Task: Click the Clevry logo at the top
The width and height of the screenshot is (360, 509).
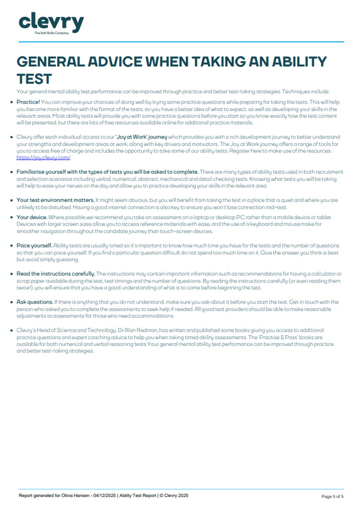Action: pos(51,23)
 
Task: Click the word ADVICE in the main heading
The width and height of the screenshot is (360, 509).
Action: pos(110,62)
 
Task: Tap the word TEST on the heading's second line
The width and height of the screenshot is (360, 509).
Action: pos(34,79)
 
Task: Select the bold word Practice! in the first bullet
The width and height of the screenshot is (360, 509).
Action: pos(28,102)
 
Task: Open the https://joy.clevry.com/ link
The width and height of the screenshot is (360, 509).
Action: pos(43,157)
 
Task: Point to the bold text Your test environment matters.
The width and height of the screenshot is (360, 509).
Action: pos(55,200)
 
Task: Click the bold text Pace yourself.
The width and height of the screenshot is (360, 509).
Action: pos(34,246)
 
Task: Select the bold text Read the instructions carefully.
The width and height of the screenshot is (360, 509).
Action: pos(56,274)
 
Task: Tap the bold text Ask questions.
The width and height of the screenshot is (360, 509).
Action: pos(35,302)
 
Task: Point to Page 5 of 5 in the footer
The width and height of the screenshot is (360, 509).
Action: pos(332,496)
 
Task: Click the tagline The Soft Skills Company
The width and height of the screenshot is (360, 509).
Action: pos(51,33)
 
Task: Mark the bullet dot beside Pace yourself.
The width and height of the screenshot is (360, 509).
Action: pos(12,246)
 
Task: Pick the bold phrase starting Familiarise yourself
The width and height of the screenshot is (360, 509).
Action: pos(107,172)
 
